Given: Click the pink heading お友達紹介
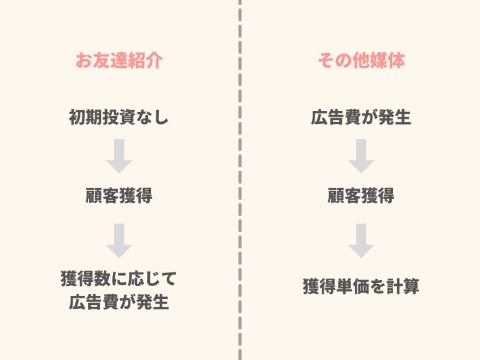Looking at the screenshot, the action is pyautogui.click(x=119, y=60).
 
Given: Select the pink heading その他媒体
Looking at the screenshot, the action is pyautogui.click(x=361, y=60).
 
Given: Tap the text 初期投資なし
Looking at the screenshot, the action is pyautogui.click(x=119, y=117).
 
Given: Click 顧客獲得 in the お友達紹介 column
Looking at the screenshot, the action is pyautogui.click(x=119, y=195).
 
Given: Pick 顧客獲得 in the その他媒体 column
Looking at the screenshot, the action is pyautogui.click(x=361, y=195).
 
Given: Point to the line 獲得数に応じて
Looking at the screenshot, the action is pyautogui.click(x=119, y=278).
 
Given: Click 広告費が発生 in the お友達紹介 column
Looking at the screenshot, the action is pyautogui.click(x=119, y=302).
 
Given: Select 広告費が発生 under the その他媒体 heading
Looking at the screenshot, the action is pyautogui.click(x=361, y=117).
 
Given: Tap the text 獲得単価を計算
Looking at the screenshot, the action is pyautogui.click(x=361, y=286).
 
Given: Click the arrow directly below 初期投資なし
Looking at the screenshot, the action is pyautogui.click(x=119, y=156).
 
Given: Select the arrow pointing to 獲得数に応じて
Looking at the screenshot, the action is pyautogui.click(x=119, y=241).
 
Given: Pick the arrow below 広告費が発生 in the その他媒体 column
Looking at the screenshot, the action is pyautogui.click(x=361, y=156).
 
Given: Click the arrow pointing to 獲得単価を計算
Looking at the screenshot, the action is pyautogui.click(x=361, y=241).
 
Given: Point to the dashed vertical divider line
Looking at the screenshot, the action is pyautogui.click(x=240, y=180).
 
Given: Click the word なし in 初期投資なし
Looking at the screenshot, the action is pyautogui.click(x=152, y=117).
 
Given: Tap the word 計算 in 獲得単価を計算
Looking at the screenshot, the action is pyautogui.click(x=403, y=286).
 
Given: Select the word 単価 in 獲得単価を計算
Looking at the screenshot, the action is pyautogui.click(x=353, y=286).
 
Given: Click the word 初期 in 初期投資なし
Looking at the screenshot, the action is pyautogui.click(x=86, y=117).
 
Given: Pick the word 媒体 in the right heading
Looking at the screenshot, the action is pyautogui.click(x=388, y=60).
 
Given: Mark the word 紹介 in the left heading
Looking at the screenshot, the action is pyautogui.click(x=145, y=60).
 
